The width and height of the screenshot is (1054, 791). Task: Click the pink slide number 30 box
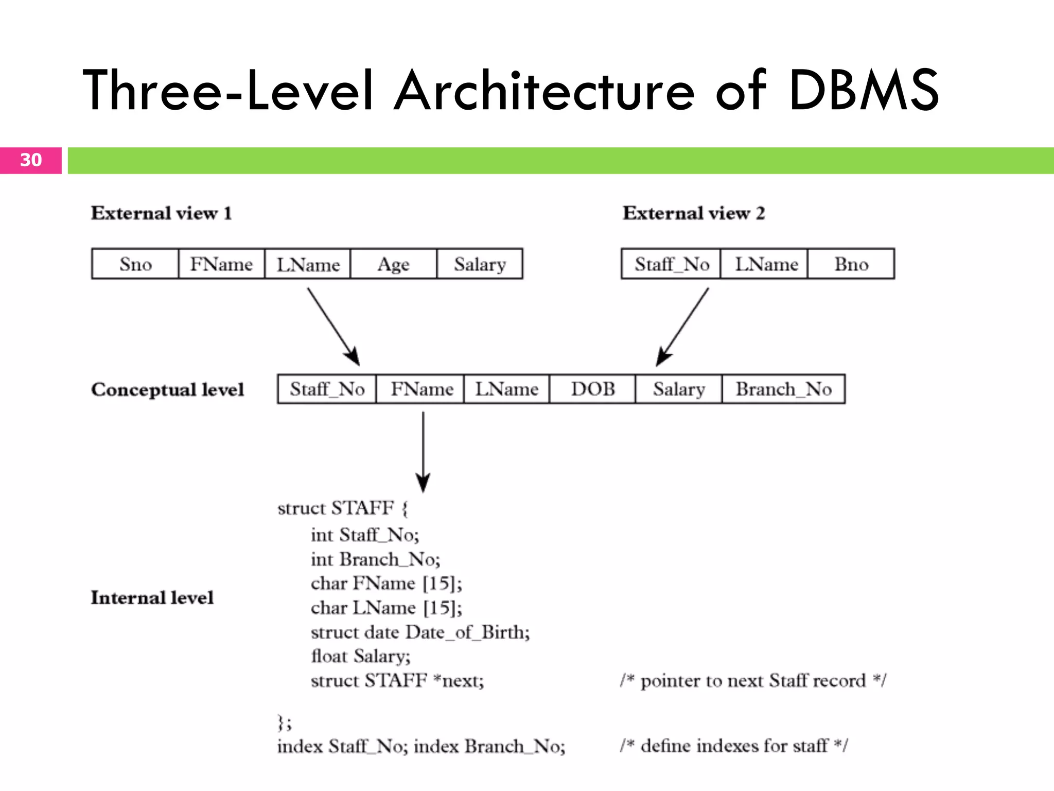click(31, 160)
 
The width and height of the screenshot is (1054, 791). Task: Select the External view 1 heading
click(161, 213)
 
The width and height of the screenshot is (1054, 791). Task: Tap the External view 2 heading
click(693, 213)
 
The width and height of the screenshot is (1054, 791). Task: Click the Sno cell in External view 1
click(135, 264)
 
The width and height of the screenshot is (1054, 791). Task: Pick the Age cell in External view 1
click(393, 264)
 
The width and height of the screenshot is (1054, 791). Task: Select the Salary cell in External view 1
click(480, 264)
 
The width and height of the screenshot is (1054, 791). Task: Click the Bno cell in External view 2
click(851, 264)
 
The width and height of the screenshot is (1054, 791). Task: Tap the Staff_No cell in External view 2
click(671, 264)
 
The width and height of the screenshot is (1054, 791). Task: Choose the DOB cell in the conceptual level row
click(592, 389)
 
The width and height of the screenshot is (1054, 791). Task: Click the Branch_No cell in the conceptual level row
click(783, 389)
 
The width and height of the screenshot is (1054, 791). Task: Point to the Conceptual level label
click(167, 389)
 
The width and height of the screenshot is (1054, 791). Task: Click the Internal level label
click(152, 597)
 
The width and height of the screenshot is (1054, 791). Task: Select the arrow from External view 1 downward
click(333, 326)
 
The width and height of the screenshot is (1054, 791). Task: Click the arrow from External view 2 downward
click(683, 326)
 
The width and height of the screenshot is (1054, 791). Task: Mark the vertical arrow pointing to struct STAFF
click(423, 452)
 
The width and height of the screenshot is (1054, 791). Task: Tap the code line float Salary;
click(360, 656)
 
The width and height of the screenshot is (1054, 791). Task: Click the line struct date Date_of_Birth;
click(420, 632)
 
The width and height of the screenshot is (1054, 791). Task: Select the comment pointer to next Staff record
click(753, 681)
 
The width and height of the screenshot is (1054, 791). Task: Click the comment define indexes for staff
click(733, 746)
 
